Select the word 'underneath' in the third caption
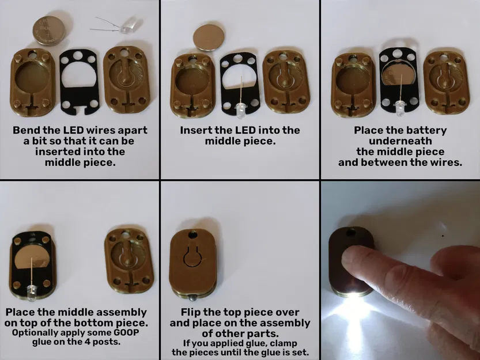coord(400,141)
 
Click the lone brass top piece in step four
coord(128,259)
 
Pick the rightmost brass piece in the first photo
coord(126,79)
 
